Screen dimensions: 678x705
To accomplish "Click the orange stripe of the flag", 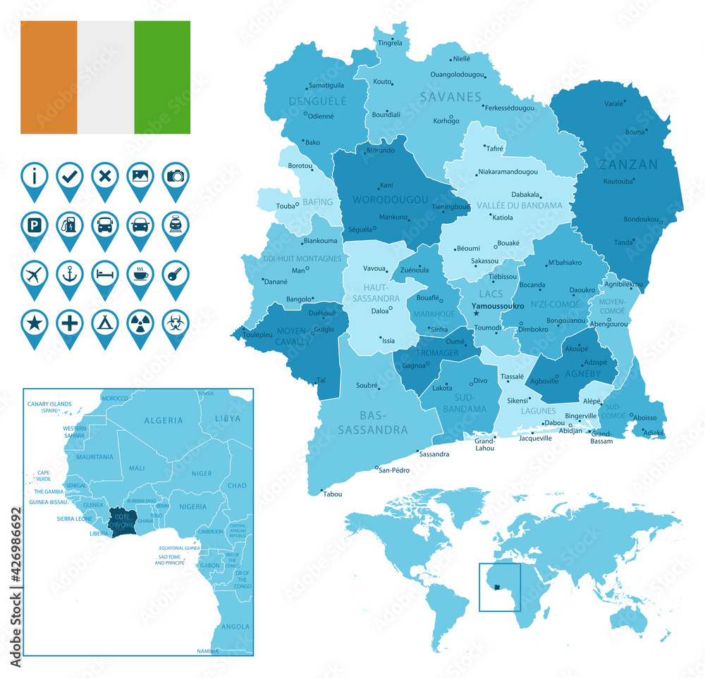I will coord(49,77).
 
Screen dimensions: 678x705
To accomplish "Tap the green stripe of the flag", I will coord(162,77).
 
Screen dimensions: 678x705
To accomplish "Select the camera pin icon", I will coord(176,175).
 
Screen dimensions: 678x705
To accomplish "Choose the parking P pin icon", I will coord(35,225).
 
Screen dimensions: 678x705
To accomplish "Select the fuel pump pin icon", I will coord(70,225).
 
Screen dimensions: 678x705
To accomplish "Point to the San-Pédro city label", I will coord(394,470).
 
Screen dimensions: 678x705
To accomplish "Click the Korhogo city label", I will coord(446,120).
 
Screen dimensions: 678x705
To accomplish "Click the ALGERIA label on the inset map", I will coord(164,420).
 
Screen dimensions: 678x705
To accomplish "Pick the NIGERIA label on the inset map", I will coord(192,506).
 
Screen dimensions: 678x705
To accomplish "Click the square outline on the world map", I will coord(499,587).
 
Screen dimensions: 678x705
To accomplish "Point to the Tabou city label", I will coord(332,494).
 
